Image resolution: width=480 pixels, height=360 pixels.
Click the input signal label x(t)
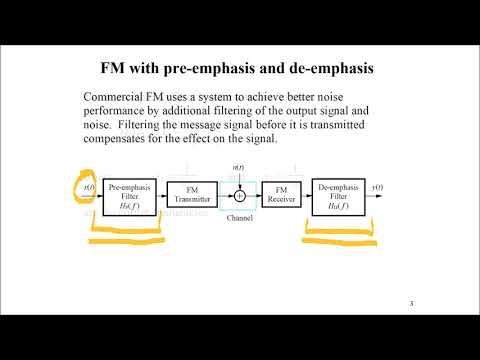[x=89, y=187]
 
